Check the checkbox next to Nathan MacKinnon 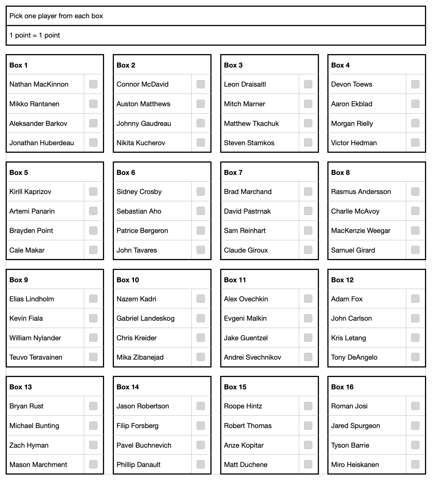click(x=93, y=84)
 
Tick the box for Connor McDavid click(x=201, y=84)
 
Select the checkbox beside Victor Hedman click(x=415, y=142)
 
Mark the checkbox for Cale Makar click(x=93, y=250)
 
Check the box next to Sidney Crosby click(x=201, y=191)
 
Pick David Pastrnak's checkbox click(x=308, y=211)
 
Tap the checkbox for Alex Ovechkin click(x=308, y=299)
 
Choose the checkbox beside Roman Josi click(x=415, y=406)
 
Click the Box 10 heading click(x=128, y=280)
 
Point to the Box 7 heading click(x=233, y=172)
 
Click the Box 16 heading click(x=342, y=387)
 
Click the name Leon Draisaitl click(x=245, y=84)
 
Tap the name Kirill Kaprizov click(x=30, y=191)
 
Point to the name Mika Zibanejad click(x=140, y=357)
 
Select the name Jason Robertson click(x=143, y=406)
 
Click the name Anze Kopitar click(x=243, y=445)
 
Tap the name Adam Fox click(x=347, y=299)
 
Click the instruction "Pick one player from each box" click(x=56, y=16)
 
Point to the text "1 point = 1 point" click(x=35, y=35)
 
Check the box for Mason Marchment click(x=93, y=464)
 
